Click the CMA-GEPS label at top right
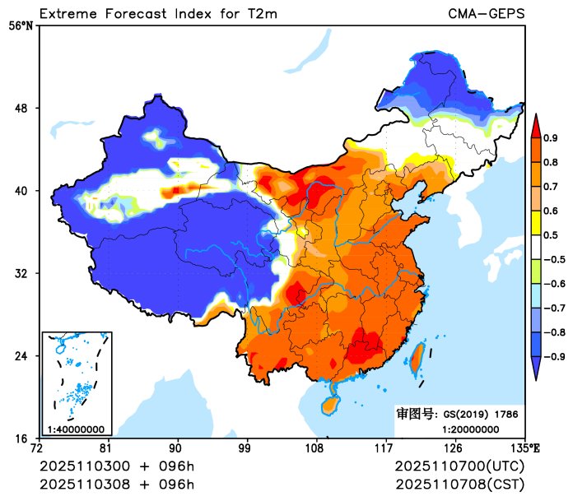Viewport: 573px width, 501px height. pos(486,13)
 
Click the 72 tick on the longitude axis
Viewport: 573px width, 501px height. pos(36,448)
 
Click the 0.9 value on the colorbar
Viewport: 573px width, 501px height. pos(551,137)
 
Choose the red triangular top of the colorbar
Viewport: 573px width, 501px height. pos(535,125)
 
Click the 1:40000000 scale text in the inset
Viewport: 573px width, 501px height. pos(76,429)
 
